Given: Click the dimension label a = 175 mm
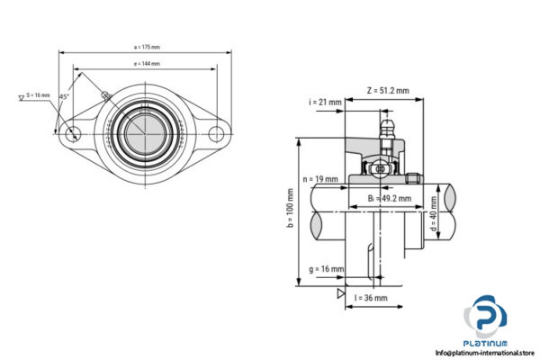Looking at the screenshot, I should click(147, 48).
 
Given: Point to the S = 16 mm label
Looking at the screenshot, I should click(38, 94).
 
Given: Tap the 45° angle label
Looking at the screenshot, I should click(63, 96).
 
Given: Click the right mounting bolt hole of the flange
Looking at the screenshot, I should click(217, 134).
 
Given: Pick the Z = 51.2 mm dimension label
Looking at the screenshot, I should click(388, 90).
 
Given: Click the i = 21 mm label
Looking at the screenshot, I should click(326, 103).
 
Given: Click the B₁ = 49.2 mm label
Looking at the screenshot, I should click(389, 198).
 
